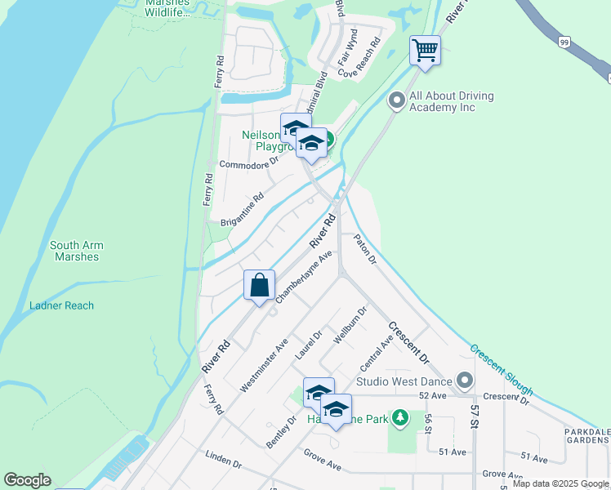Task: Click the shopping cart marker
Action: click(425, 51)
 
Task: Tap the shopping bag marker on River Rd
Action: click(259, 287)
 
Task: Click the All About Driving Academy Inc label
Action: click(451, 101)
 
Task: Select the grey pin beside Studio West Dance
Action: click(465, 381)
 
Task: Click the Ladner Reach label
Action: click(61, 305)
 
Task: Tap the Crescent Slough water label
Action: click(502, 370)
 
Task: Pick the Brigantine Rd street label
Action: click(243, 210)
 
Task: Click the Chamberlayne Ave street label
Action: click(304, 278)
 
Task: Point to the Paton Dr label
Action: click(364, 250)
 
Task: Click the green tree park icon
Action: click(399, 419)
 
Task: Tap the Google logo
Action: click(27, 480)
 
